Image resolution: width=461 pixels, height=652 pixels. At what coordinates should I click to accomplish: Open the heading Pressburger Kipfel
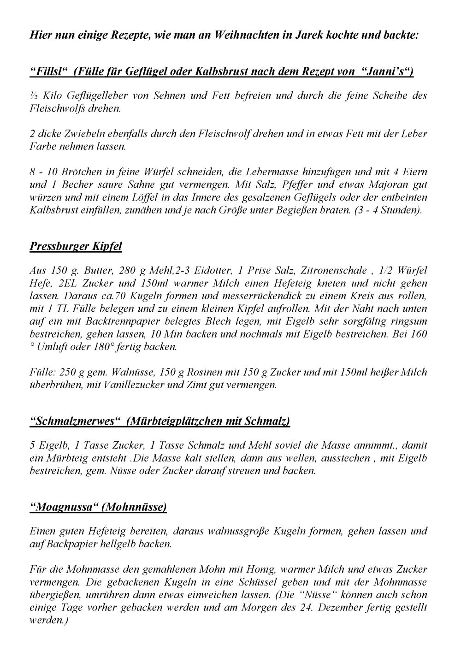point(76,246)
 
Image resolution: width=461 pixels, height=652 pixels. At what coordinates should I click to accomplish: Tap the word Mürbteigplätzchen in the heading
point(177,421)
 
